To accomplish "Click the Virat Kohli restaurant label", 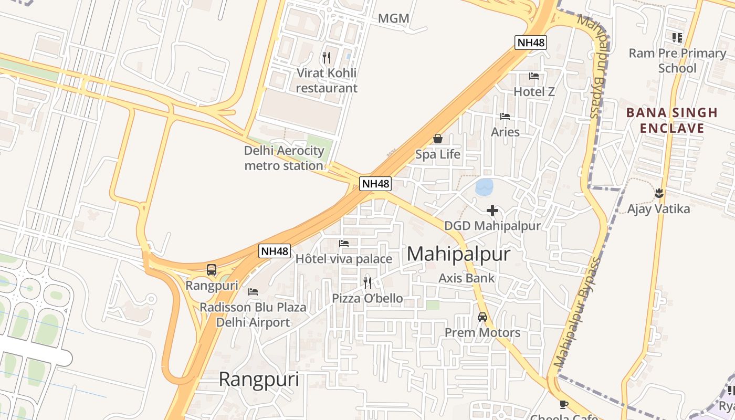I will (x=327, y=80).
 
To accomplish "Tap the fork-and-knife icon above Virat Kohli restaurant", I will (x=327, y=57).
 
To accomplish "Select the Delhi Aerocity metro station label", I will (x=284, y=158).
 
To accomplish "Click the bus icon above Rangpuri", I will (x=212, y=270).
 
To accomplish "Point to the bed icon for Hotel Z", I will (x=534, y=76).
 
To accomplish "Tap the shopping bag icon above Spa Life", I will (x=437, y=139).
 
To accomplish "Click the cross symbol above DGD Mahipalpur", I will (x=492, y=211).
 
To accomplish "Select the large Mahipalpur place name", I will (x=458, y=254).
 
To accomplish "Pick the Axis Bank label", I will (x=467, y=278).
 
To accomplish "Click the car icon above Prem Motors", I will (x=482, y=317).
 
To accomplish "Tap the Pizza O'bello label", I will (x=367, y=298).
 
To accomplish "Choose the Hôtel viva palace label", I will (x=344, y=259).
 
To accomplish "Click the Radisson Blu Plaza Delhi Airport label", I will (x=253, y=314).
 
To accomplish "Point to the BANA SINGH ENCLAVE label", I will (x=672, y=120).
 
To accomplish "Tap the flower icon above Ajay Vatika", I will (x=659, y=193).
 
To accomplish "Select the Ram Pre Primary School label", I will (x=677, y=60).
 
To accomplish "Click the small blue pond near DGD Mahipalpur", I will (x=484, y=186).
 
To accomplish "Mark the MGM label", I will (x=393, y=18).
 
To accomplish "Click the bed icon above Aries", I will (x=505, y=116).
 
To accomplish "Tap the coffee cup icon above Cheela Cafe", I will (x=564, y=404).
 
